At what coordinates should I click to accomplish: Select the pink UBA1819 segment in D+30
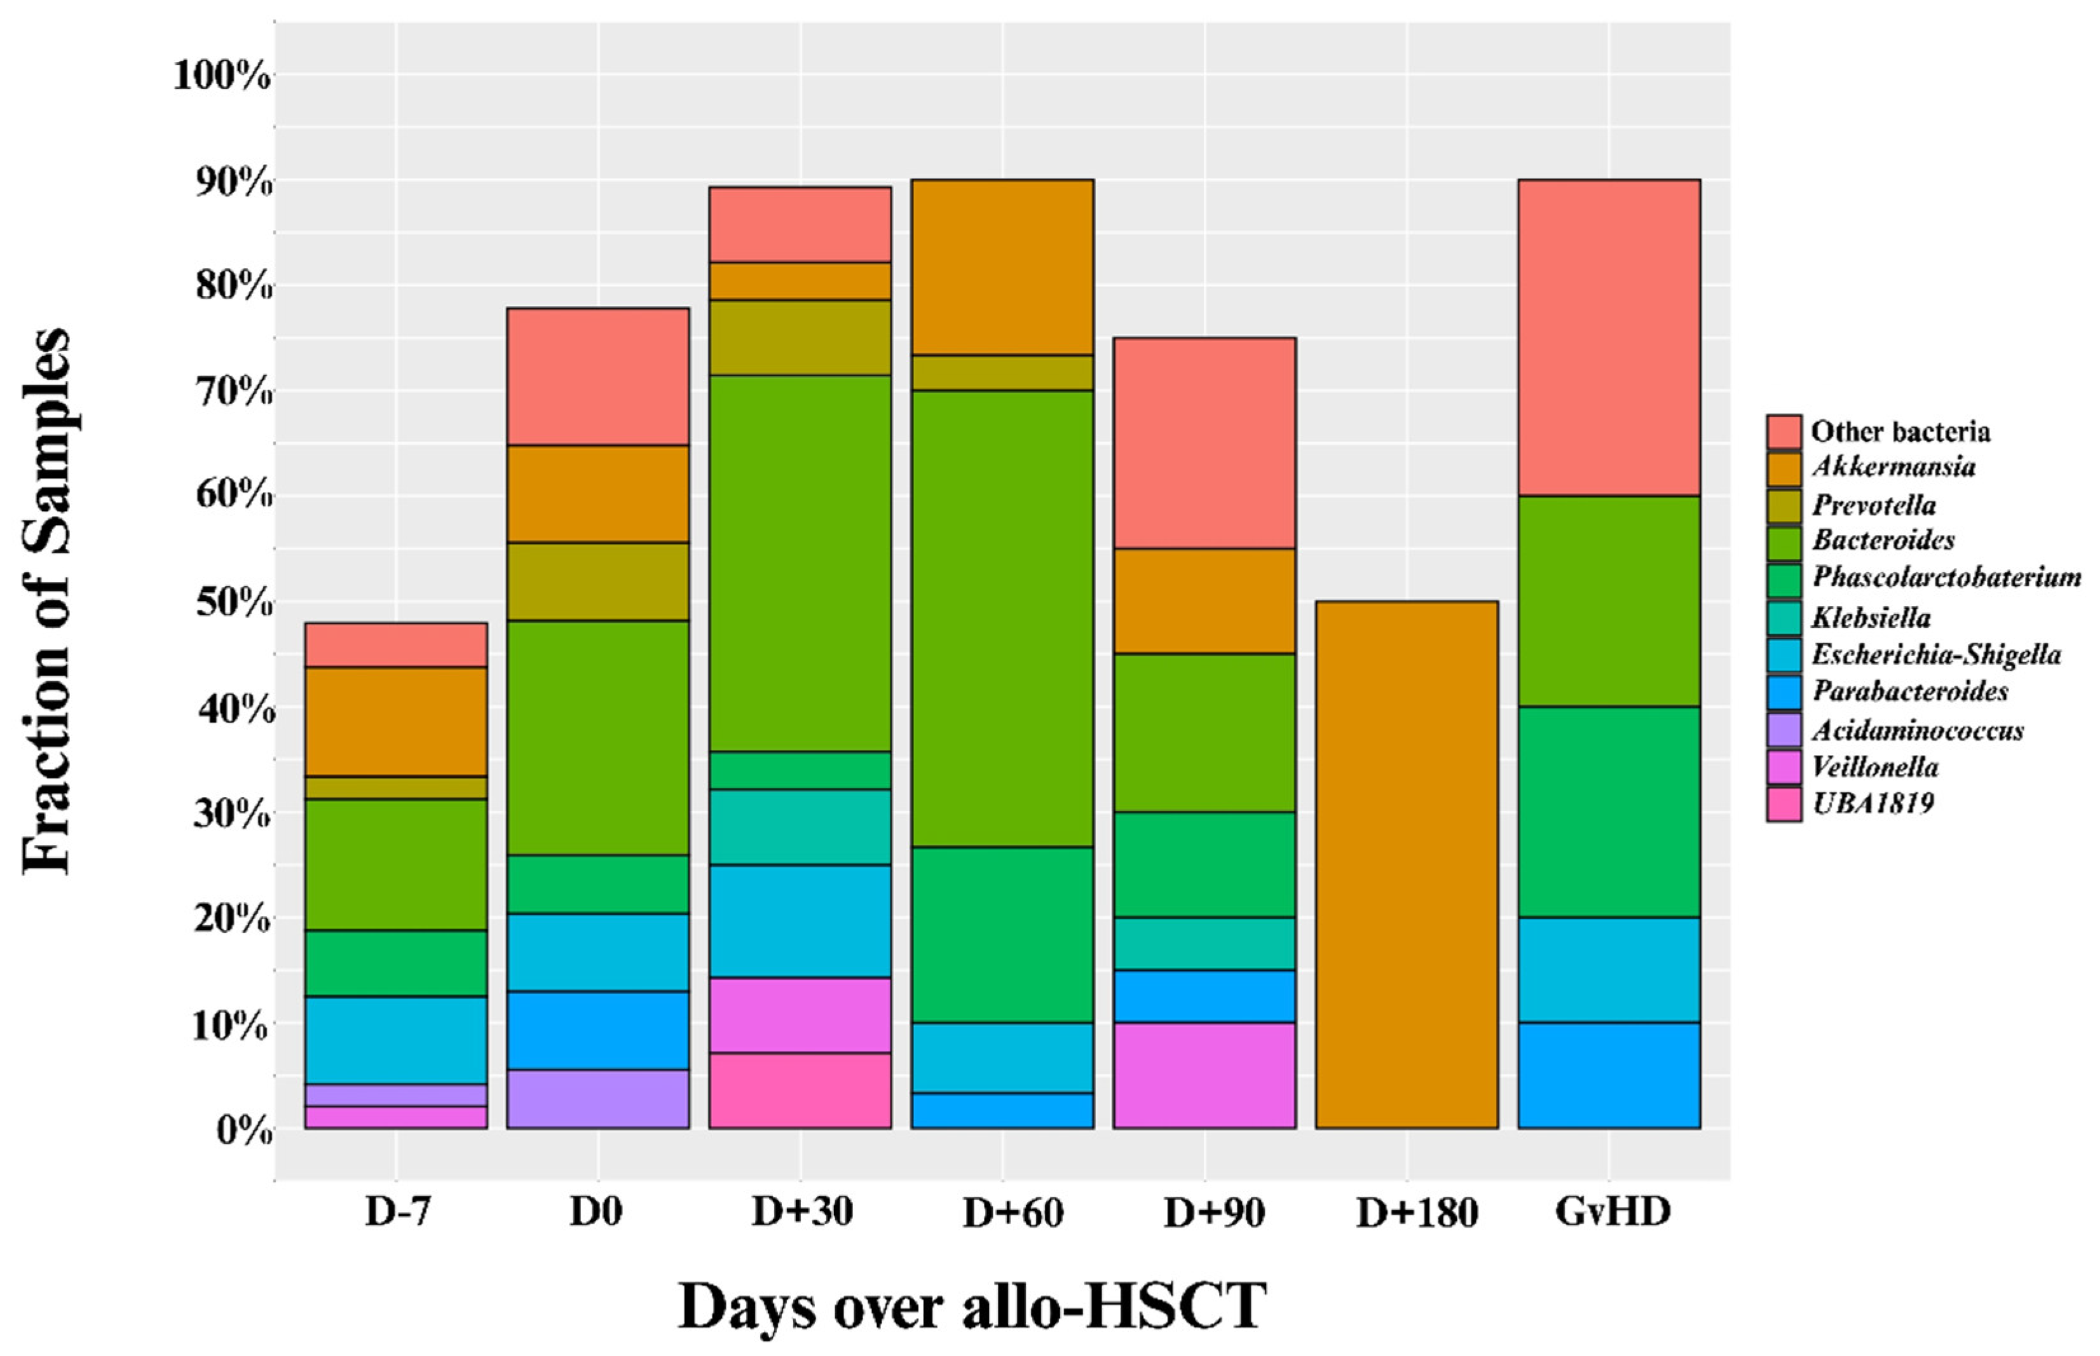(x=800, y=1090)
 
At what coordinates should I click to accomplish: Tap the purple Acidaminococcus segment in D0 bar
(x=598, y=1098)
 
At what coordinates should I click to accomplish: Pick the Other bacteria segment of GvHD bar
(x=1609, y=337)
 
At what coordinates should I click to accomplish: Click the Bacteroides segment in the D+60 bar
(x=1002, y=618)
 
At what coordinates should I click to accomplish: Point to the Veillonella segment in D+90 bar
(x=1204, y=1075)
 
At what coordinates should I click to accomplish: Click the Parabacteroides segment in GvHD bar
(x=1609, y=1075)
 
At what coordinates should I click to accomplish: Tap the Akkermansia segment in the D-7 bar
(x=395, y=721)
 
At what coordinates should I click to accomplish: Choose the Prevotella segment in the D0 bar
(x=598, y=581)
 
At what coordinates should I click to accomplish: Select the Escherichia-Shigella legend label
(x=1936, y=655)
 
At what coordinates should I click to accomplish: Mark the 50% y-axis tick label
(x=234, y=603)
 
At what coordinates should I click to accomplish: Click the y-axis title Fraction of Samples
(x=46, y=600)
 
